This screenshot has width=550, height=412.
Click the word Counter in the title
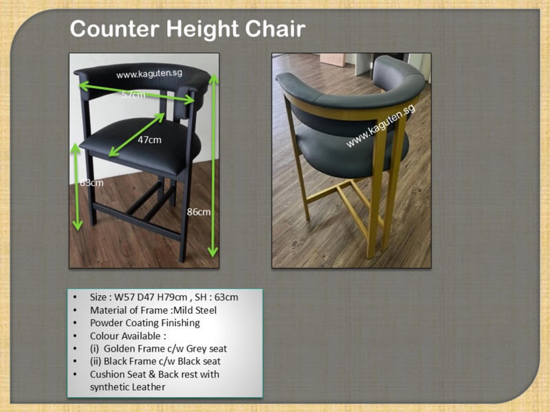115,29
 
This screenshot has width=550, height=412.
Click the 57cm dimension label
133,95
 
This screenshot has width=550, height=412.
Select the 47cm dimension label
149,140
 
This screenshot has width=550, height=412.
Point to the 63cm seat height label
91,183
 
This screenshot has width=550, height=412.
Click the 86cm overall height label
199,212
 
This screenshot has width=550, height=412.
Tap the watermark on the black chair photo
149,74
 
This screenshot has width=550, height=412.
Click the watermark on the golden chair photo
381,126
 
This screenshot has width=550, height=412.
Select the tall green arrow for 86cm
213,165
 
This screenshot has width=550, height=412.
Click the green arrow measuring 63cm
76,187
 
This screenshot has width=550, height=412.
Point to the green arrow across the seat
137,135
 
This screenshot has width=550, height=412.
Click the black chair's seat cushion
140,145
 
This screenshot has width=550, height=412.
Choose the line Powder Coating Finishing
145,323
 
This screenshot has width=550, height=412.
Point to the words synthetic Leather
128,387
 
